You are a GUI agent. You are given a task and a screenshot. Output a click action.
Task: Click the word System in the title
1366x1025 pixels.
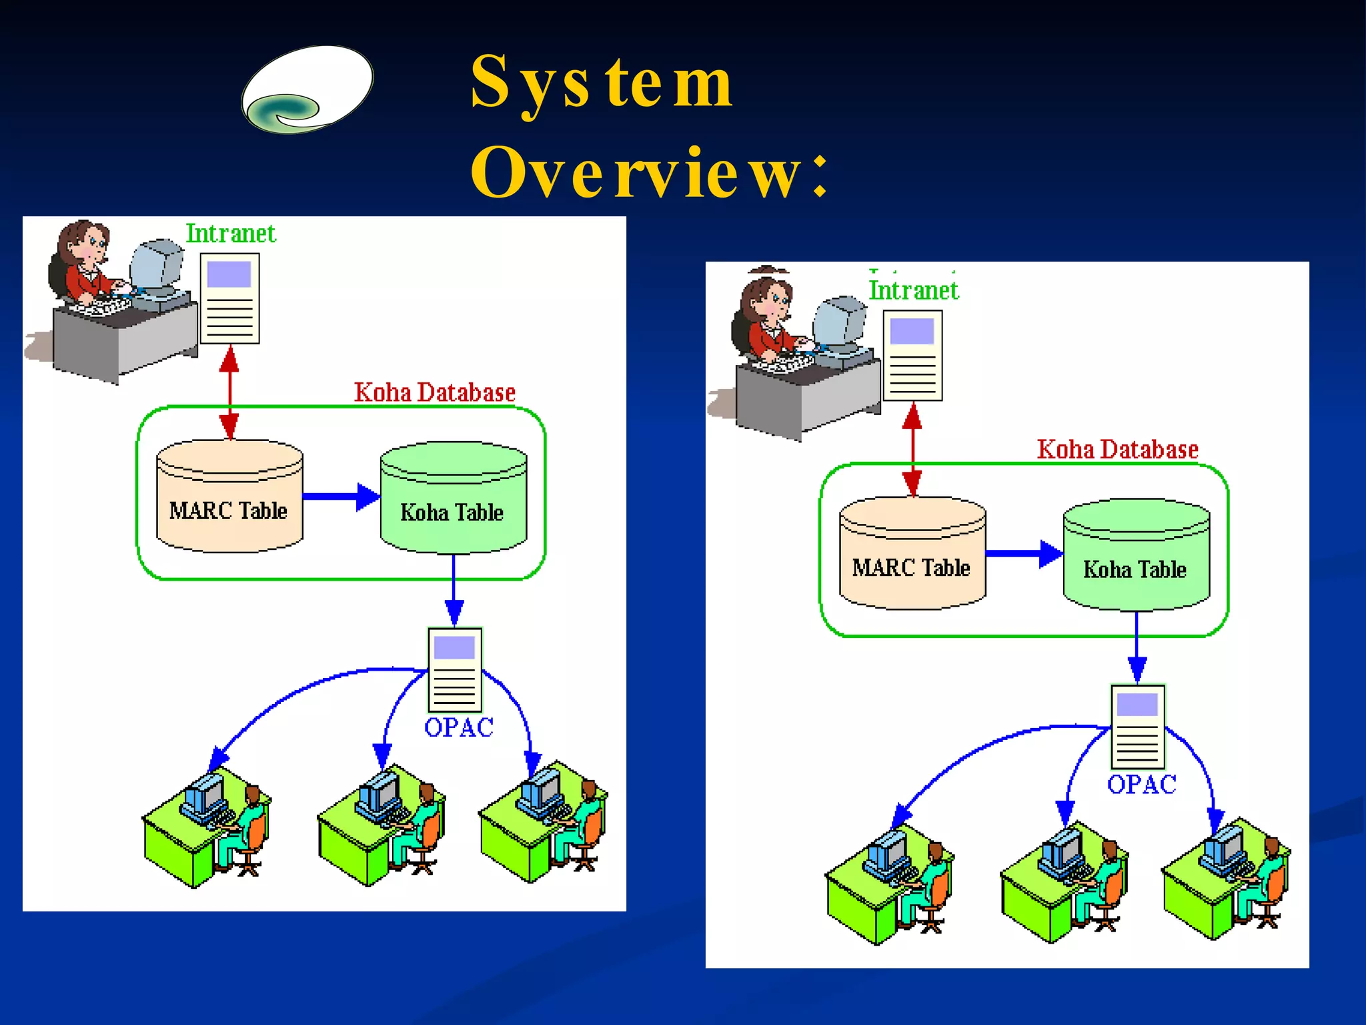[x=600, y=83]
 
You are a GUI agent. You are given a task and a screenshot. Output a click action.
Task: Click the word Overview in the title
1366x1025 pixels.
[x=637, y=174]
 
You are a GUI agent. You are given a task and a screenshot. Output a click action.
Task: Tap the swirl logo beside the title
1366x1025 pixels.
[x=307, y=90]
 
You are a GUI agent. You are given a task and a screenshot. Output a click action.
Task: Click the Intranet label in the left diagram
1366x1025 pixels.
[x=230, y=234]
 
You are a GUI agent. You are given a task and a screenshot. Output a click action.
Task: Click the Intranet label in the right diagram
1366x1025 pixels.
[x=913, y=290]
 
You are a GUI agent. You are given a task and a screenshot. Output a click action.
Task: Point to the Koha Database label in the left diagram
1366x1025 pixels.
[x=434, y=392]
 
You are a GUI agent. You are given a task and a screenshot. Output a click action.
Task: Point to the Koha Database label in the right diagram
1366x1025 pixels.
[x=1117, y=449]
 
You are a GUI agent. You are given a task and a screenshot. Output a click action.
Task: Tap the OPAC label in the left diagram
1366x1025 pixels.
[x=458, y=727]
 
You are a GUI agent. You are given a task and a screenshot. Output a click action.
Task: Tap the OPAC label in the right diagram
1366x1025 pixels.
[x=1141, y=784]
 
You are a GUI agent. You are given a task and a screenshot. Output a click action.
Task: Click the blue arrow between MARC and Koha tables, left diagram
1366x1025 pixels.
[x=340, y=496]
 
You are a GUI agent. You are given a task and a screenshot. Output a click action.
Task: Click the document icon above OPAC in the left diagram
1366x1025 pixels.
[x=454, y=670]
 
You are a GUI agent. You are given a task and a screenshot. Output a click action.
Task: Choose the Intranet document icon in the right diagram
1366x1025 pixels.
[x=912, y=356]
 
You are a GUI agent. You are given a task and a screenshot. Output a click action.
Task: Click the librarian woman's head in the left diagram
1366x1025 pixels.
[x=87, y=244]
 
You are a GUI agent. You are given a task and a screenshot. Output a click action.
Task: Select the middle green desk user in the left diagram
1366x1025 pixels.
[x=380, y=827]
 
